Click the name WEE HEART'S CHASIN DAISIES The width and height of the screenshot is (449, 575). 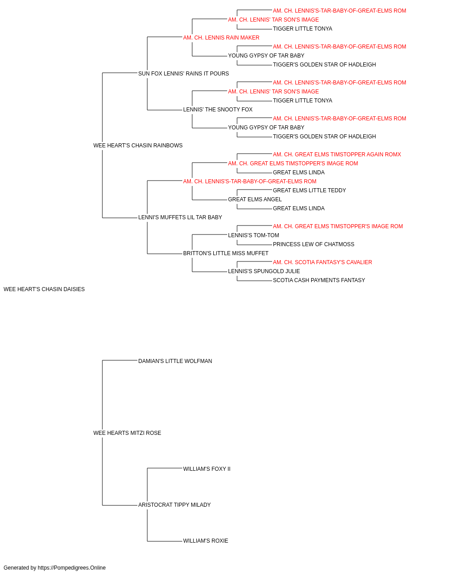[x=44, y=289]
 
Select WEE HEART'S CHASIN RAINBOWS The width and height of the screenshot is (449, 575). [x=138, y=146]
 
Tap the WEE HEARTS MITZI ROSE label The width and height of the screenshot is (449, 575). [x=127, y=433]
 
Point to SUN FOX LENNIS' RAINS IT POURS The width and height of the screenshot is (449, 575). [x=184, y=74]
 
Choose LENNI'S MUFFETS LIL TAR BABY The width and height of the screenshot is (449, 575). [x=180, y=217]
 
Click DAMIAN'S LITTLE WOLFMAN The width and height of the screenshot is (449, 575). [x=175, y=361]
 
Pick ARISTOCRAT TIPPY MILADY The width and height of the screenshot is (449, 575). [x=175, y=505]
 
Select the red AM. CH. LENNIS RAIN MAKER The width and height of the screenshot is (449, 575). [x=221, y=38]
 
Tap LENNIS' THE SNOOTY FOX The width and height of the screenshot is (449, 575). [x=218, y=110]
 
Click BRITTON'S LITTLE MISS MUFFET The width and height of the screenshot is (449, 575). [x=226, y=253]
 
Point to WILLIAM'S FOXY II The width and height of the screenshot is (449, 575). [x=207, y=469]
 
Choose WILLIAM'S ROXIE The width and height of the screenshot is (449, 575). [x=206, y=541]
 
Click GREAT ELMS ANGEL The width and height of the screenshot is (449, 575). [x=255, y=199]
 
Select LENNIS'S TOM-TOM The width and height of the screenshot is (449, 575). [x=254, y=235]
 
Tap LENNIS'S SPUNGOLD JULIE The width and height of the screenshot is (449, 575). [x=264, y=271]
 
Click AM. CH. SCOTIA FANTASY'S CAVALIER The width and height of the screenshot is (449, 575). [x=322, y=262]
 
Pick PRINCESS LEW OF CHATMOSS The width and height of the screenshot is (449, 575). [x=313, y=244]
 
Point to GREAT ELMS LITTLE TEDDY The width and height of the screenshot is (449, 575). [x=309, y=190]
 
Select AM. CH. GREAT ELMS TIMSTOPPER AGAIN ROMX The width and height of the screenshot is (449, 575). [x=337, y=155]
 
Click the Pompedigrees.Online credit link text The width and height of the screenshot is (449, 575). [x=72, y=568]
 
